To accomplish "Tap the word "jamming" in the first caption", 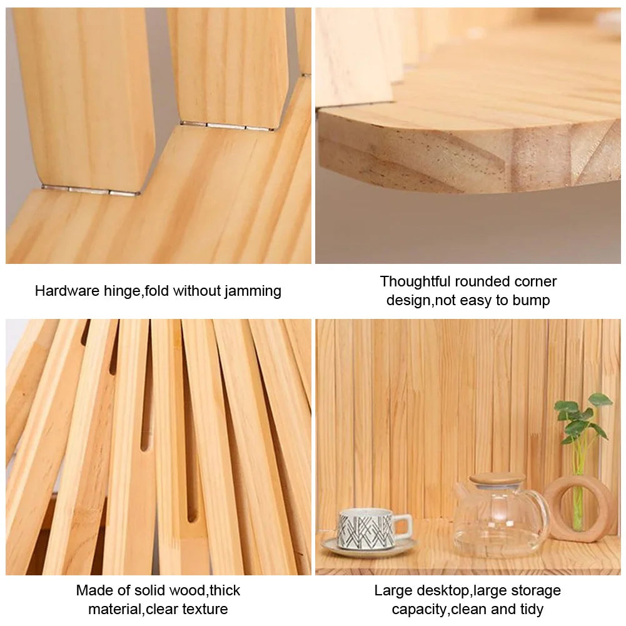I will click(253, 291).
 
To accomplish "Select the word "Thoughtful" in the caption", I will click(415, 281).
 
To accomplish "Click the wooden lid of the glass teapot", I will click(497, 478).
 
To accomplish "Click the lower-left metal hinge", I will click(90, 190).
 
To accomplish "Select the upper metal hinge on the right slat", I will click(227, 126).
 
